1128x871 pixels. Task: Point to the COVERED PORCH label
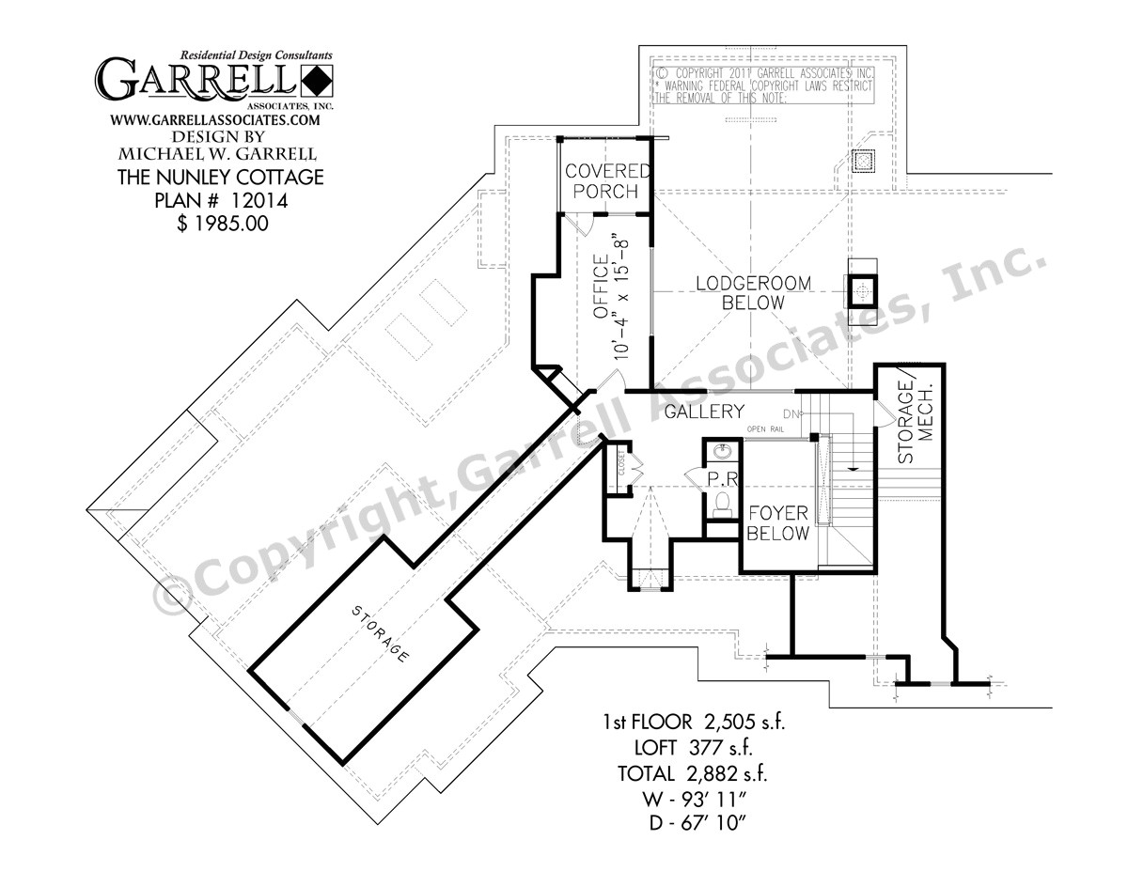[607, 181]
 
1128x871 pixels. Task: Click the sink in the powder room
[722, 453]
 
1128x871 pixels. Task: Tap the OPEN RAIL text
[765, 429]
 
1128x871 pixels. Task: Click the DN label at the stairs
[791, 414]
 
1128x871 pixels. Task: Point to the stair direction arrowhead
[851, 467]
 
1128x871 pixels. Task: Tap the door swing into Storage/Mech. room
[884, 414]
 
